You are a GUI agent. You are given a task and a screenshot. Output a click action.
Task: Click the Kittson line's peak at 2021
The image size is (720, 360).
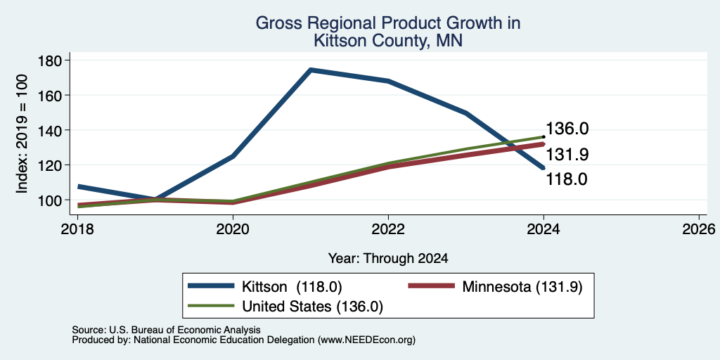point(311,70)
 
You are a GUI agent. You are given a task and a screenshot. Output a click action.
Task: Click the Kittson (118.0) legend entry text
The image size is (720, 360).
point(292,287)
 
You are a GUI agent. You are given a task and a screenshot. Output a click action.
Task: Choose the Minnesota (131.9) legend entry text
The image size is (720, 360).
point(522,287)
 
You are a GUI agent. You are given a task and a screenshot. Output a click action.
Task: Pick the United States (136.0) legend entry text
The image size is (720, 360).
point(312,307)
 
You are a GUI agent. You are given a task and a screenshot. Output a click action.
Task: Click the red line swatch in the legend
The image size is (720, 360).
point(431,287)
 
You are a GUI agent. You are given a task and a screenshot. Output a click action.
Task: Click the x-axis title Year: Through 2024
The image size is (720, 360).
point(388,259)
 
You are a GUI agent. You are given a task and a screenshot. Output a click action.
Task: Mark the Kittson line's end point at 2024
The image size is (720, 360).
point(544,168)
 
